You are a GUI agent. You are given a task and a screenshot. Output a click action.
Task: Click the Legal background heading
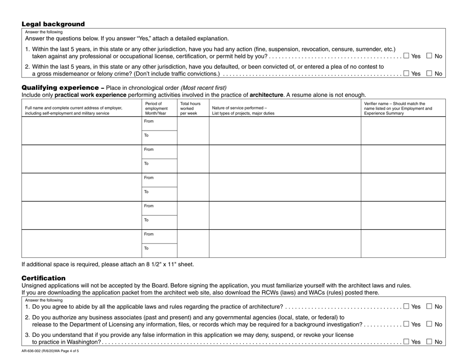coord(53,24)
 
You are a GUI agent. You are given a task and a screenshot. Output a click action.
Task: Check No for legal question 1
coord(429,56)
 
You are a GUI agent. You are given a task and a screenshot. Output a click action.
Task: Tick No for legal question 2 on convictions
coord(429,74)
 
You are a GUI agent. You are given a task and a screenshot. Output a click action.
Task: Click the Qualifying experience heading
coord(58,87)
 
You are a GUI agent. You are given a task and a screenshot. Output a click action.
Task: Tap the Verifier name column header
coord(398,108)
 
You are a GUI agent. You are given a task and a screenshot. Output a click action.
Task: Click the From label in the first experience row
coord(148,121)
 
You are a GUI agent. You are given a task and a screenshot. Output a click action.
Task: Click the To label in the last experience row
coord(146,249)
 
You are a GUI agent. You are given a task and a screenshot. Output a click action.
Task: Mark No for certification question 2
coord(429,324)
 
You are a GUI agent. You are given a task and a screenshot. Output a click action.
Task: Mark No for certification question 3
coord(429,342)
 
